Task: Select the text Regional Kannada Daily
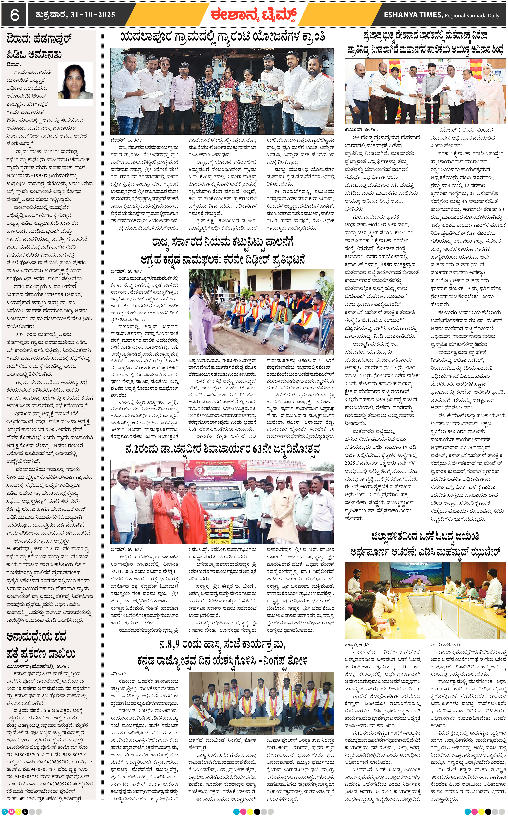(x=472, y=15)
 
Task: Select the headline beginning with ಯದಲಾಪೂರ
(x=222, y=36)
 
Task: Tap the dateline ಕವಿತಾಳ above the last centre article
(x=118, y=673)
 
